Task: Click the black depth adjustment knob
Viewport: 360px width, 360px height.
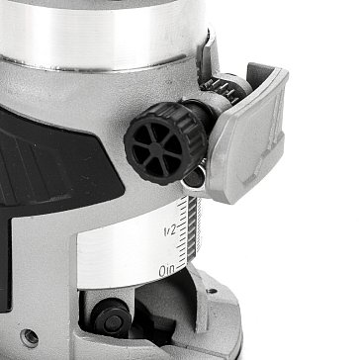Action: [x=166, y=142]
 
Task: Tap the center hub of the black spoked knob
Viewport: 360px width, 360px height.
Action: [x=155, y=145]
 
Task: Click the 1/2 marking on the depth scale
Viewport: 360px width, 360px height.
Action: [x=170, y=230]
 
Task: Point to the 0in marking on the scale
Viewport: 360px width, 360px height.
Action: [x=167, y=271]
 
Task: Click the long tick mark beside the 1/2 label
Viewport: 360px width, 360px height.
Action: [x=181, y=225]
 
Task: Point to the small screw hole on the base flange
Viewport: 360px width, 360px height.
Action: [x=212, y=291]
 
